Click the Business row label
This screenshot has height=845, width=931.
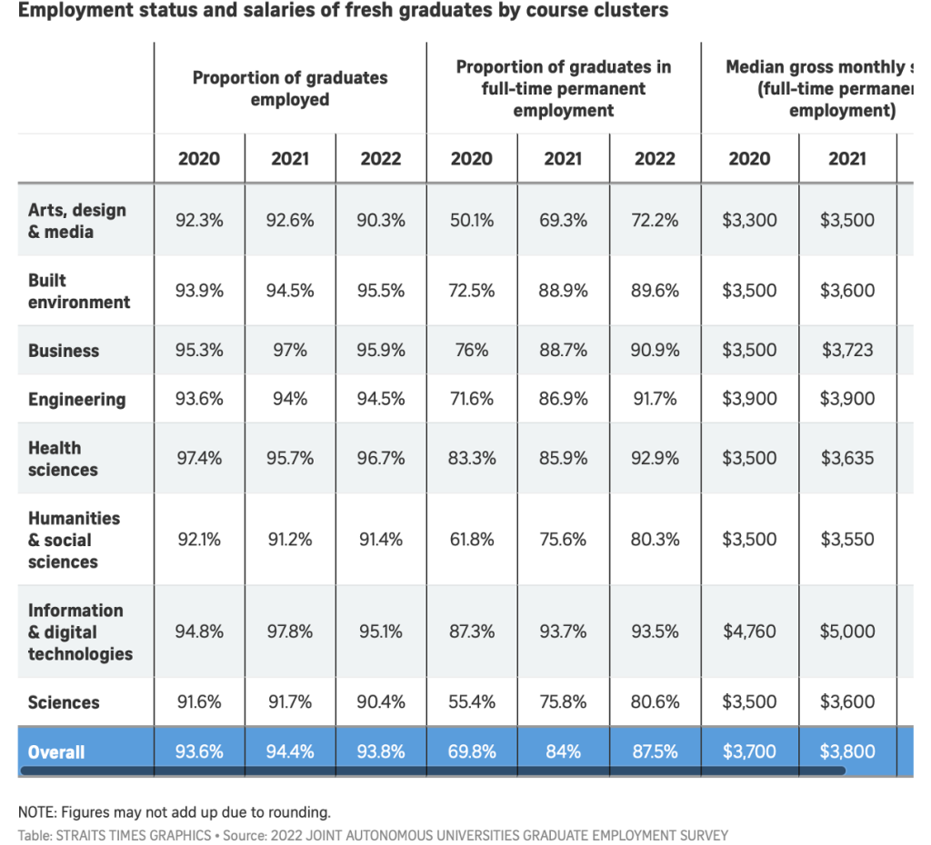(x=64, y=351)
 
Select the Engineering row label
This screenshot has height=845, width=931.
(x=76, y=400)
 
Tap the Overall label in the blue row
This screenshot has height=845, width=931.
(x=56, y=752)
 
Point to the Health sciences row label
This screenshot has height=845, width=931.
(x=63, y=459)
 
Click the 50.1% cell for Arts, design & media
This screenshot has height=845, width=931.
(x=472, y=221)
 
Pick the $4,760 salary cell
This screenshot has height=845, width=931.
(x=749, y=631)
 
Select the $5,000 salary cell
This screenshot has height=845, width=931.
(x=847, y=631)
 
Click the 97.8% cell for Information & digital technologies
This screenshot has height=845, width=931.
(x=290, y=631)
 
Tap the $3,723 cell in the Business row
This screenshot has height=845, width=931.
(x=847, y=351)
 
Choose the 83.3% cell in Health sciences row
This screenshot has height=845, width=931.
(x=472, y=459)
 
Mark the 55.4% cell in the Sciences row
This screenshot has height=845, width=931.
(x=472, y=702)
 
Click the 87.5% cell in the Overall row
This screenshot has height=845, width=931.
(x=655, y=752)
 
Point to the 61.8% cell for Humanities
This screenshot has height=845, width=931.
(x=472, y=540)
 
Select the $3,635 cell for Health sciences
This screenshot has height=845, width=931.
(x=847, y=459)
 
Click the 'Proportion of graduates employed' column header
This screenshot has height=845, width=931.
(x=290, y=88)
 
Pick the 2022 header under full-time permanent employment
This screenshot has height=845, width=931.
(x=655, y=159)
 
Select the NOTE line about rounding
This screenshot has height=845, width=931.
(x=174, y=812)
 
